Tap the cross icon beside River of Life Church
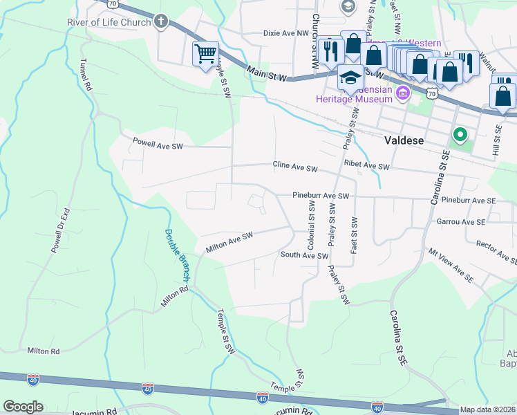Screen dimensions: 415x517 pos(162,21)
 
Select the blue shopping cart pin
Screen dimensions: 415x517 pos(206,53)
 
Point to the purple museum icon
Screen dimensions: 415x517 pos(402,92)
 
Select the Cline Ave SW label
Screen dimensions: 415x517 pos(294,168)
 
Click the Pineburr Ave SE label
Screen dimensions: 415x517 pos(469,200)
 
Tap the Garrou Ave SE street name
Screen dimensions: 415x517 pos(461,221)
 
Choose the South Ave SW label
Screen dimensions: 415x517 pos(303,255)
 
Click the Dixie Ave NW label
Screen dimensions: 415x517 pos(286,33)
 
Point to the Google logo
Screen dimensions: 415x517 pos(23,407)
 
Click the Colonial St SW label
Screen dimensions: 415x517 pos(312,225)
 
